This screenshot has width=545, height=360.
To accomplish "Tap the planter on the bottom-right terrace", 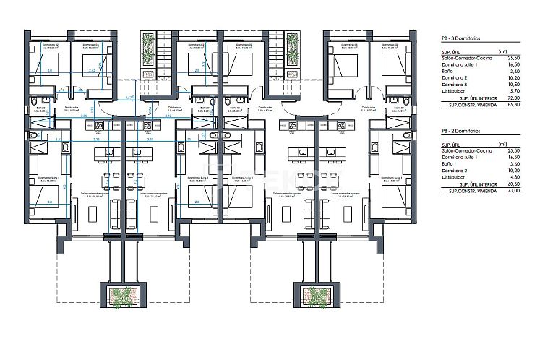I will (x=313, y=296).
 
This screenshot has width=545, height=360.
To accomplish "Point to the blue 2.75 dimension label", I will (x=91, y=70).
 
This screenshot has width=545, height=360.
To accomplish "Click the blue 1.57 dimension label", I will (x=129, y=97).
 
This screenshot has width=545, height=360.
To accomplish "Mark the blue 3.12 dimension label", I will (x=168, y=116).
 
